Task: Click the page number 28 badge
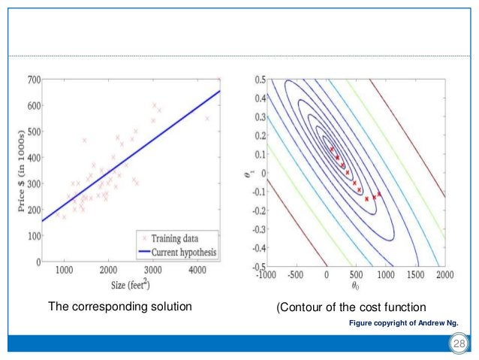point(457,344)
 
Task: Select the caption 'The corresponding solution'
point(120,307)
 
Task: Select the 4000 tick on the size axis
point(197,270)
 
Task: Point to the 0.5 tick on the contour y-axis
point(259,78)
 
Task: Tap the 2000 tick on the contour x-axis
point(444,275)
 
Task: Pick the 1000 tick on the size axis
point(64,270)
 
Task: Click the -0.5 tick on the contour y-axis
point(258,267)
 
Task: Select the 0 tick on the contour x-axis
point(327,275)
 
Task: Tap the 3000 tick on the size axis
point(153,270)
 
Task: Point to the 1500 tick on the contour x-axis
point(414,275)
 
